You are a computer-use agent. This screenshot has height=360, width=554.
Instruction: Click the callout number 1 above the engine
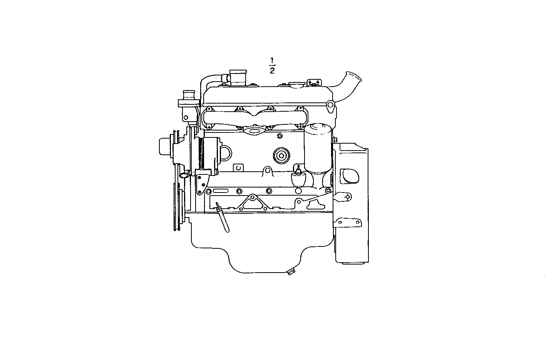pyautogui.click(x=272, y=60)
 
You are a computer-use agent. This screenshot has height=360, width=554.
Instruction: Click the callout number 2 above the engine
pyautogui.click(x=272, y=70)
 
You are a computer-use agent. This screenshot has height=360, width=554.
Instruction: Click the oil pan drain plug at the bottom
pyautogui.click(x=291, y=271)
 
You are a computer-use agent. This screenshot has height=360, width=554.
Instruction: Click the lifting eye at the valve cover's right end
pyautogui.click(x=330, y=106)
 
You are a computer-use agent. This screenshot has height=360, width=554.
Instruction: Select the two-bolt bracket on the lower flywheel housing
pyautogui.click(x=348, y=223)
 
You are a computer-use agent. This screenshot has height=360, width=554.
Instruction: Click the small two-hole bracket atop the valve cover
pyautogui.click(x=314, y=83)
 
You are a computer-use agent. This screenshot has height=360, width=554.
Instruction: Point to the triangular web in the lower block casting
pyautogui.click(x=252, y=202)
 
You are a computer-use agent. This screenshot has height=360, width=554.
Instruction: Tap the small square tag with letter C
pyautogui.click(x=239, y=167)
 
